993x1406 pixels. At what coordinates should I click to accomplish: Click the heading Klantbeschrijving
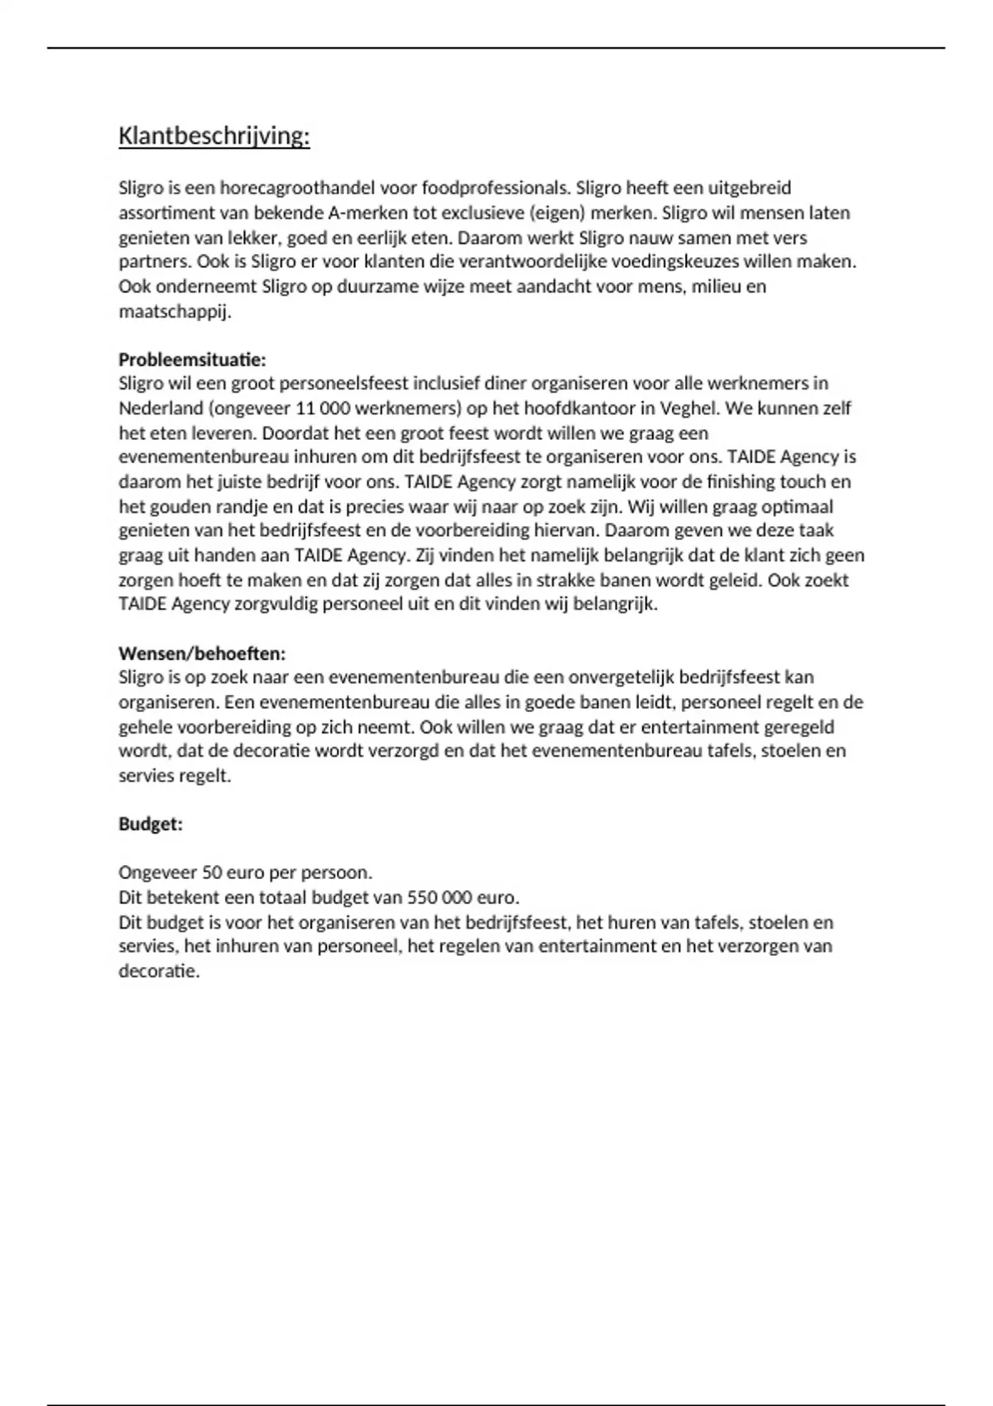click(213, 136)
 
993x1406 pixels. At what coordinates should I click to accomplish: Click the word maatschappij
click(175, 312)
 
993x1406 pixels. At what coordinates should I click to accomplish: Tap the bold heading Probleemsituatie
click(192, 360)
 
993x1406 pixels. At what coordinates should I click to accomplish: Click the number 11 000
click(319, 409)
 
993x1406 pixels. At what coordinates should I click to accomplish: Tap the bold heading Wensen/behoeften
click(202, 653)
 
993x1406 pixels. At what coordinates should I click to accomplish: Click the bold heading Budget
click(150, 825)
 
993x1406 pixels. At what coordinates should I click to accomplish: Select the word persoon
click(335, 873)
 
